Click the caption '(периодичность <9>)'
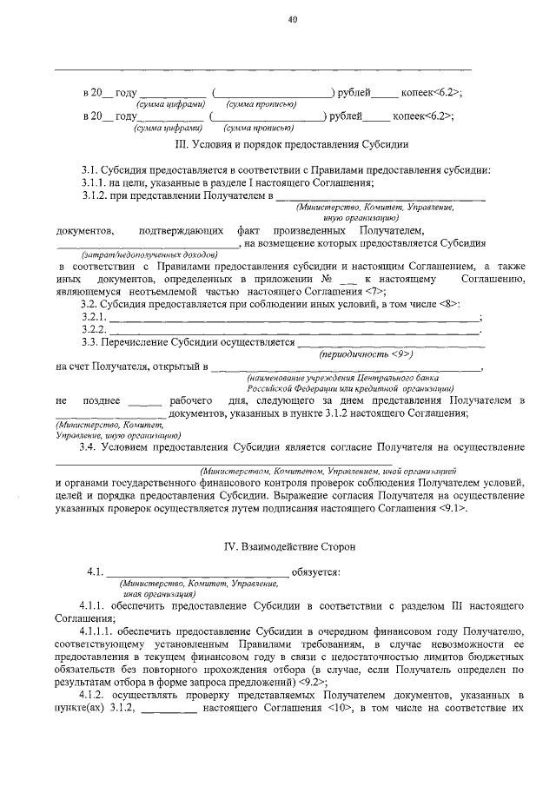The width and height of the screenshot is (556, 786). point(376,355)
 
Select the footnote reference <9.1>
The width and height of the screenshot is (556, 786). point(454,507)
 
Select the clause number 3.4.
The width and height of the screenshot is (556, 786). point(89,446)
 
